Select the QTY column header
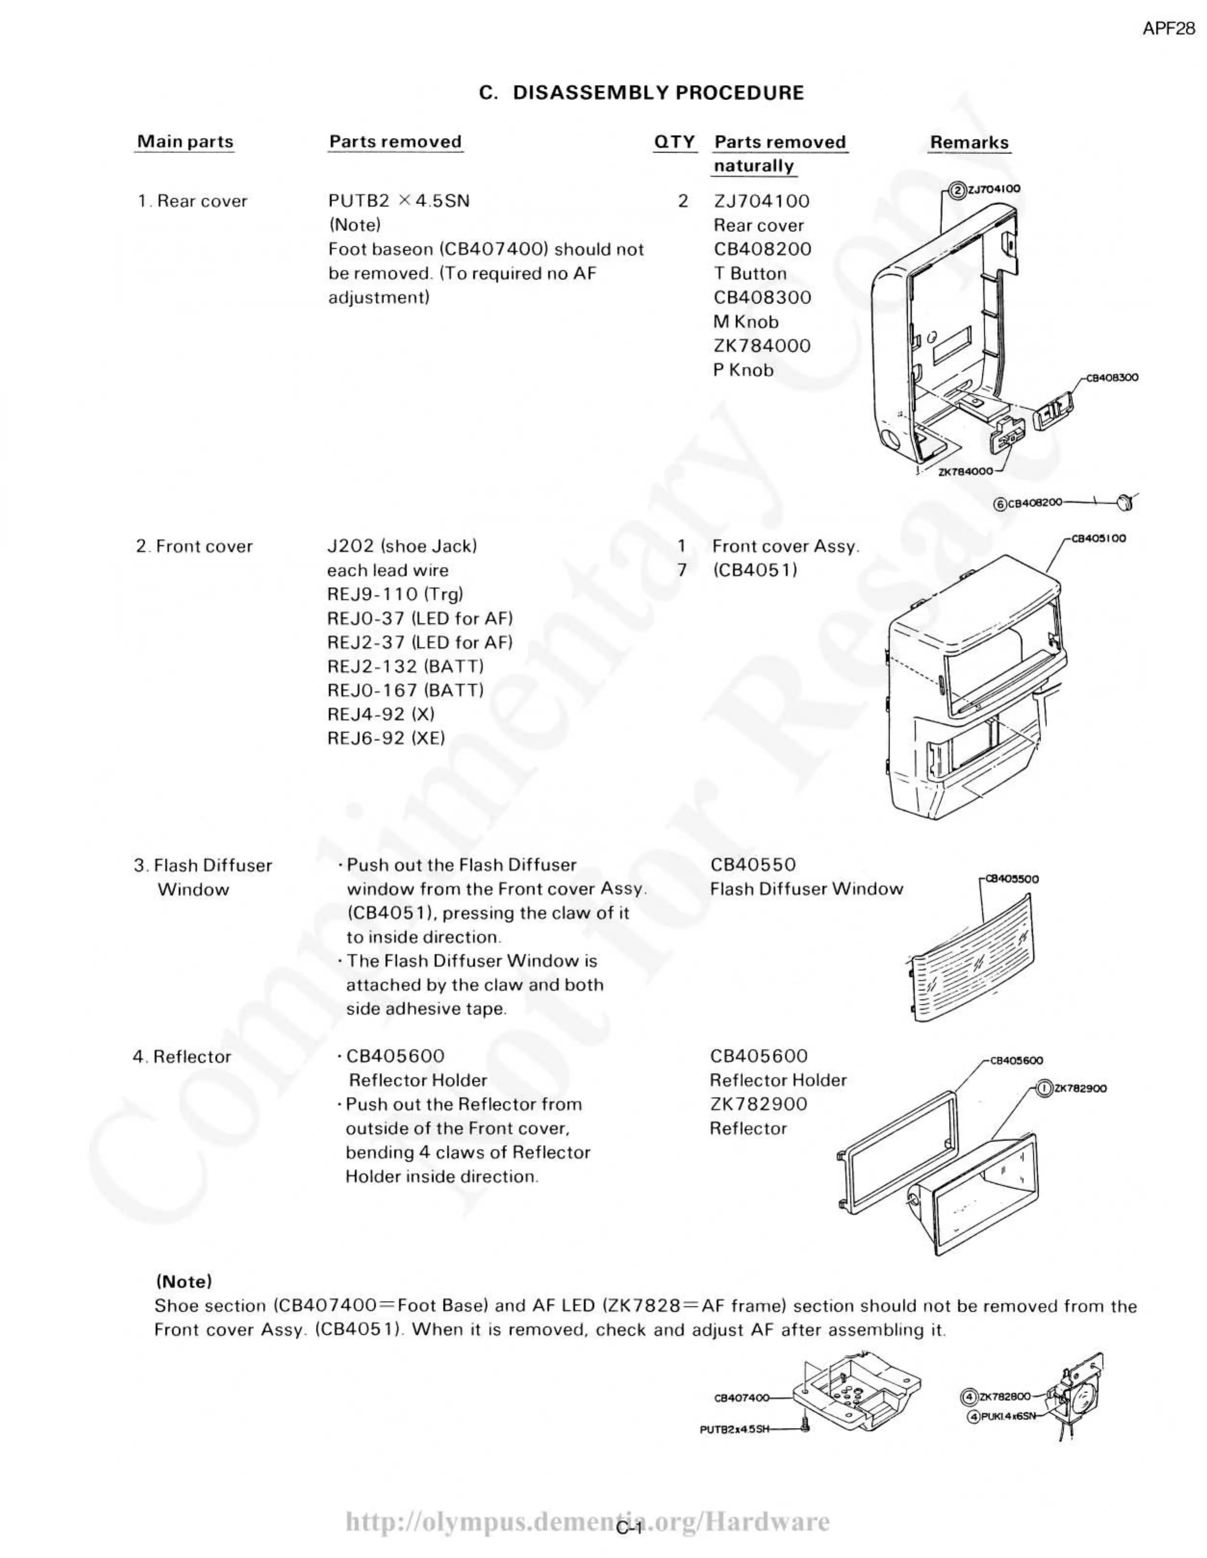pos(674,142)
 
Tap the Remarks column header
pos(969,143)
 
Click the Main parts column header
pos(185,141)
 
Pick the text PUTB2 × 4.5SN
pos(399,201)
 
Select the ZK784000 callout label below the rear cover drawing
pos(965,472)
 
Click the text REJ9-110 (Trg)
pos(394,594)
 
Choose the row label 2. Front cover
pos(194,546)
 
